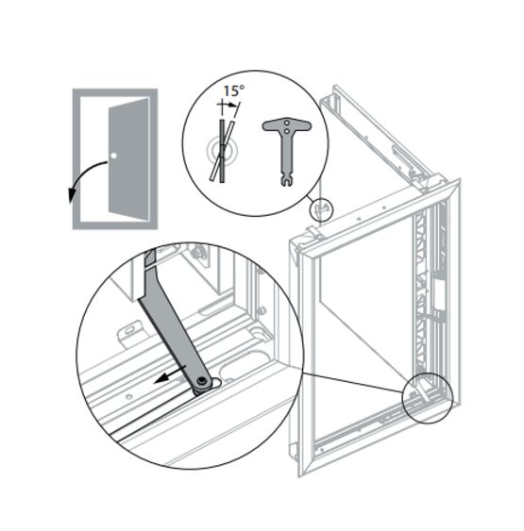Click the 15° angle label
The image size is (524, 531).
(233, 91)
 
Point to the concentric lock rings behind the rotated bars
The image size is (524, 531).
(220, 149)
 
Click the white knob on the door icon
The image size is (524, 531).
(113, 155)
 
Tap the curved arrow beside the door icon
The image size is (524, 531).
(82, 179)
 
